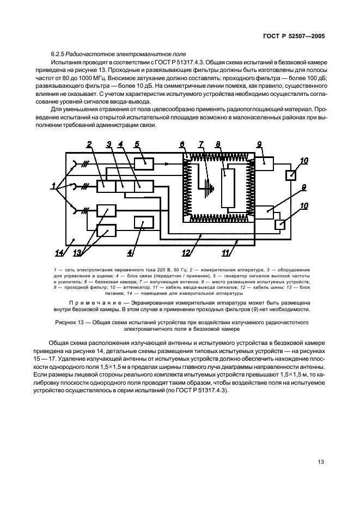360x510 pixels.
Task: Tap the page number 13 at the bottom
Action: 321,462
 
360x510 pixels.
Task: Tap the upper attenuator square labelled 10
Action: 291,174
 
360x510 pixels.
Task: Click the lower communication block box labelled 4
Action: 144,223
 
